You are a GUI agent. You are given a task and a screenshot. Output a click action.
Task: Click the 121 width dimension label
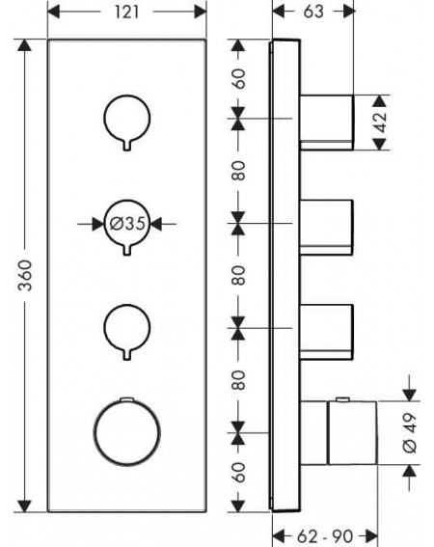tap(126, 13)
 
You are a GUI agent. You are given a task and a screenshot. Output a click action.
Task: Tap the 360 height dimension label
tap(25, 276)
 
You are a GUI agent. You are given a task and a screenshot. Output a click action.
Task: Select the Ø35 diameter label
tap(127, 223)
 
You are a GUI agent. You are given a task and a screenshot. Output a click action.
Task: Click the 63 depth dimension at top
tap(313, 12)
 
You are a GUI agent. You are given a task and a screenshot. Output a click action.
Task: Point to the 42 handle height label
tap(380, 123)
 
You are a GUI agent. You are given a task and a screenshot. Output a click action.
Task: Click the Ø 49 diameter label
tap(410, 433)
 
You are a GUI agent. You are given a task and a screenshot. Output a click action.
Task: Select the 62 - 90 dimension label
tap(325, 535)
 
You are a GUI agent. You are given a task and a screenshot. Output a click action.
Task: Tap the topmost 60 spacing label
tap(238, 79)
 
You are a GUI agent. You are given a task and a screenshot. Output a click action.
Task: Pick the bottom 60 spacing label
tap(238, 473)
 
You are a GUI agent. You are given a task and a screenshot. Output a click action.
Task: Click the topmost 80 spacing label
tap(238, 171)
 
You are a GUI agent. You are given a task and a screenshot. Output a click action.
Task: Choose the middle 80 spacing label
tap(238, 276)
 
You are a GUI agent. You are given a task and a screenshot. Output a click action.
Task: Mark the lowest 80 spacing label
tap(238, 380)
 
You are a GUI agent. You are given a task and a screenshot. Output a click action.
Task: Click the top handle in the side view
tap(327, 123)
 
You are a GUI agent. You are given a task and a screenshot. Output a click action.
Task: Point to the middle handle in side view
tap(327, 227)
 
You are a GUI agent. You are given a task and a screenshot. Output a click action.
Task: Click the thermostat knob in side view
tap(352, 433)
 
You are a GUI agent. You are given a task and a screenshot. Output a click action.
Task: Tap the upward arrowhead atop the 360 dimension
tap(24, 45)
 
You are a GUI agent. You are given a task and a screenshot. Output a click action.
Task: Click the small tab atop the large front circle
tap(126, 398)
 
